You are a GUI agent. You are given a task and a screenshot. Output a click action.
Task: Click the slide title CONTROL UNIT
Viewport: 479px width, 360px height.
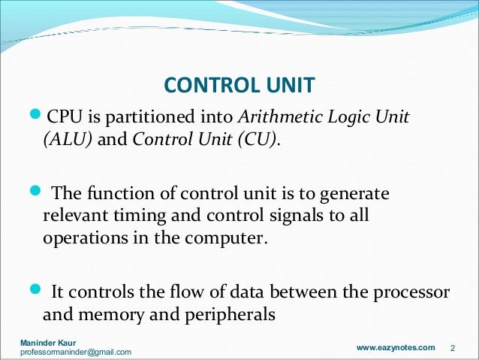239,85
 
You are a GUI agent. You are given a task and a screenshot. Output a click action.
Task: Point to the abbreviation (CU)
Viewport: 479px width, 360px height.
262,141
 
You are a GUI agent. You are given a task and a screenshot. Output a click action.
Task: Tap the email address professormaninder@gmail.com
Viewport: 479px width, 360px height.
76,352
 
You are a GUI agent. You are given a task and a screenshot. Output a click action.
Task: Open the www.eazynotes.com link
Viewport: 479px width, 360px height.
395,347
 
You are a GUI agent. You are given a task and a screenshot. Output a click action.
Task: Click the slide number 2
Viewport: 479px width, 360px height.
453,348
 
